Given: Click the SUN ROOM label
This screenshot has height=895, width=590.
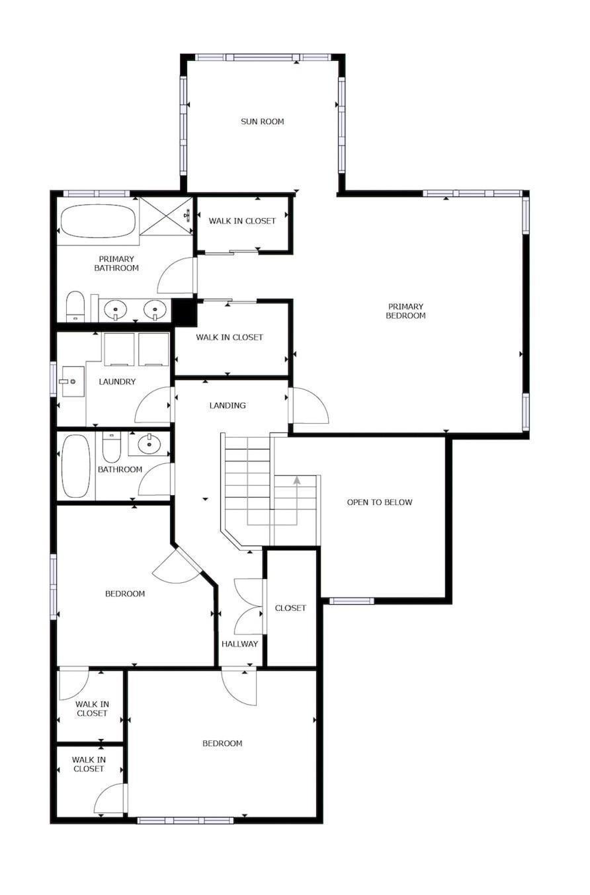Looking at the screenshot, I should pos(262,122).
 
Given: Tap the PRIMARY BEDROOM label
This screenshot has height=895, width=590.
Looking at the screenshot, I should pos(405,311).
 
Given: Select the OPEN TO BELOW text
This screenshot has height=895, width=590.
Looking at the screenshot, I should pos(379,502).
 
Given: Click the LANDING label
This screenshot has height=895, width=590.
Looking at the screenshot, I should pos(227,405).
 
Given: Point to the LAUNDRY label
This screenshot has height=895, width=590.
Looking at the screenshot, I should pos(117,381).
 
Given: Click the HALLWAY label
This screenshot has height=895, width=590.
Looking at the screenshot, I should pos(239,644).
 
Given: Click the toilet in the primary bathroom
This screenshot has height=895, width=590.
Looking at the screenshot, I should pos(75,305).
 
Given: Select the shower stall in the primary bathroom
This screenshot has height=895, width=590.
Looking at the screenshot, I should pos(167,215).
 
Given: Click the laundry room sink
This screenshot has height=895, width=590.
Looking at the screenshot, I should pos(72,382).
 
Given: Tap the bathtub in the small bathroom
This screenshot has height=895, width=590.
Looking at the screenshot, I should pos(75,465).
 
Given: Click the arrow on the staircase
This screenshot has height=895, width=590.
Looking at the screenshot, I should pos(297,481).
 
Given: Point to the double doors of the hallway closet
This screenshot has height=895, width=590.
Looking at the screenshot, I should pos(249,607).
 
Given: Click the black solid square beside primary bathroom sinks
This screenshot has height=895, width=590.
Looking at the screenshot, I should pos(185,311).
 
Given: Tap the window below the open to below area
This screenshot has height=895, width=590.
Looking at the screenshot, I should pos(351,601).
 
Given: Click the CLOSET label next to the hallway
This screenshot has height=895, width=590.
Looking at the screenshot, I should pos(290,607).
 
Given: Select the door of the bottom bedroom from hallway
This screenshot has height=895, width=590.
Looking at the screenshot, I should pos(239,687).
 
